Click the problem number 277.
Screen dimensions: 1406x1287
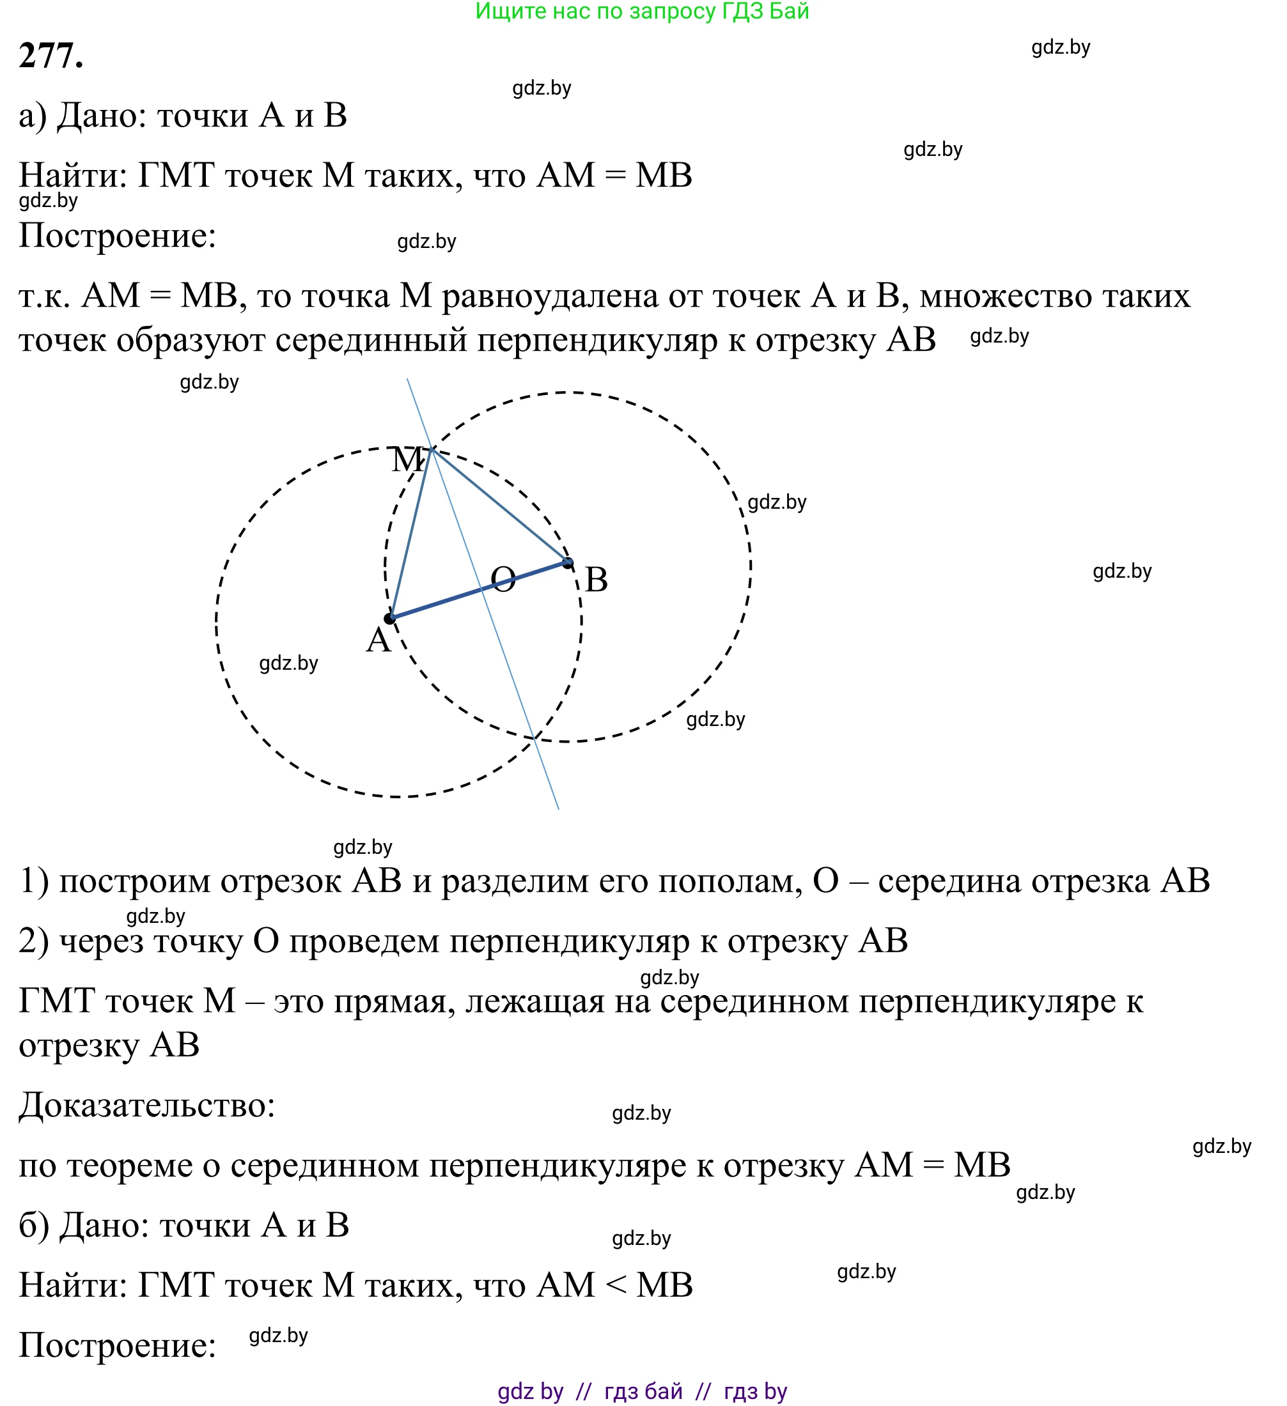(51, 56)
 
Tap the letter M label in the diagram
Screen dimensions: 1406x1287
(407, 460)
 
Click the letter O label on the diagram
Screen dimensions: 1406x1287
(503, 580)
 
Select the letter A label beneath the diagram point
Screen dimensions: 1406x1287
(378, 640)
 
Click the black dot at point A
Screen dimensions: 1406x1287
(390, 619)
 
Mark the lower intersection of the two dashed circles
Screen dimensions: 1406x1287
(534, 737)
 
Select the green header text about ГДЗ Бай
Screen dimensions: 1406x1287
(642, 11)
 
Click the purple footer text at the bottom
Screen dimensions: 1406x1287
(642, 1391)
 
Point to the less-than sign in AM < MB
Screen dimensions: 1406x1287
(616, 1285)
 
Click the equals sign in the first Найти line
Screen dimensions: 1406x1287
(614, 175)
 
